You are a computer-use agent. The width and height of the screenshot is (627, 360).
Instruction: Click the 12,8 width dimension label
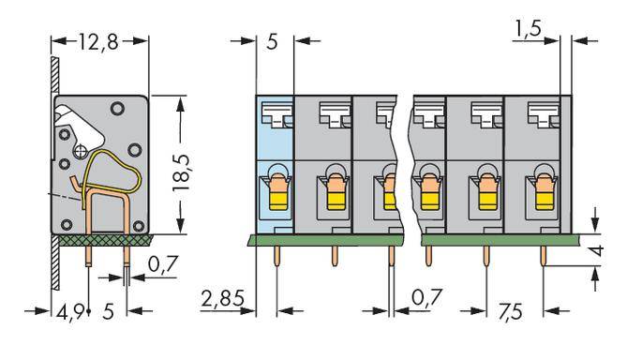(x=99, y=41)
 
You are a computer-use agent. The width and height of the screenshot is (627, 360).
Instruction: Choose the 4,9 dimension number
(x=67, y=310)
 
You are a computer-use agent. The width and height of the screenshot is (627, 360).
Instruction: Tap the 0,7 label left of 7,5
(x=427, y=300)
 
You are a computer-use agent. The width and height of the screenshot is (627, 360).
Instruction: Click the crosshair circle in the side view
(x=82, y=149)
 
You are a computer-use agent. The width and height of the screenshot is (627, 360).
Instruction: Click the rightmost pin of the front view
(x=542, y=255)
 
